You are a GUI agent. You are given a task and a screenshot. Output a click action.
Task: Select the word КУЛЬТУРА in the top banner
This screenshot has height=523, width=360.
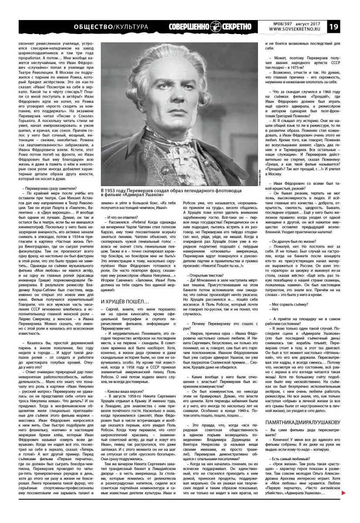[x=131, y=27]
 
